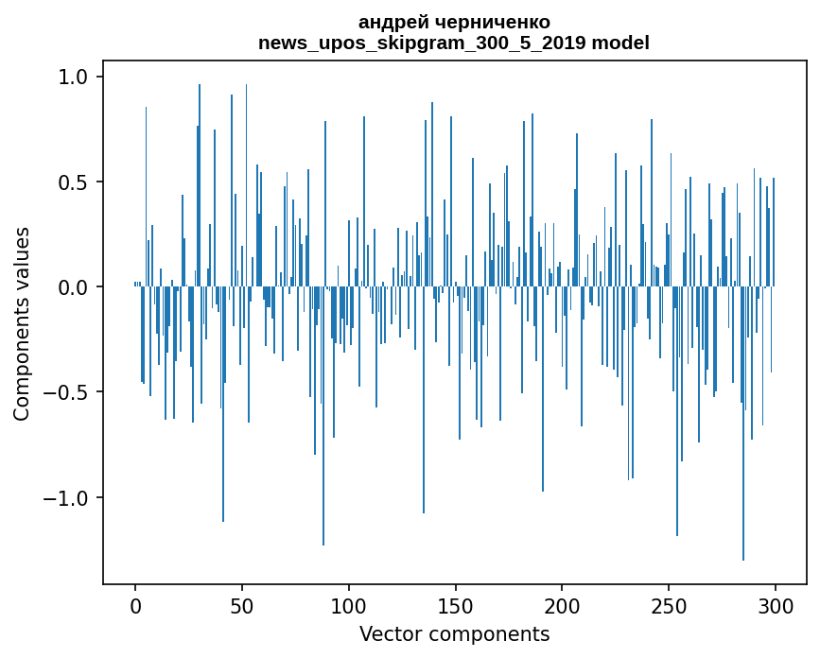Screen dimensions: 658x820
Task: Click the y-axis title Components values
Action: point(22,323)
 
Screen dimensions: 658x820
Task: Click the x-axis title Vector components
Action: point(454,633)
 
